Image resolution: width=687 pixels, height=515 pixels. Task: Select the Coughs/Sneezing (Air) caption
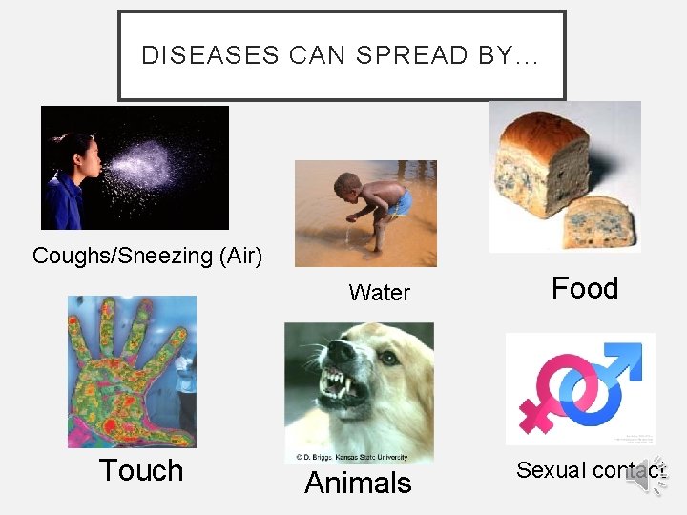147,256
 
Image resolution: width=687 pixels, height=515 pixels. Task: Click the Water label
379,293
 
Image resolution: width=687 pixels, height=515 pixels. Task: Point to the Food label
585,288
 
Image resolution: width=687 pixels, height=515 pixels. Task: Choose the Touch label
141,470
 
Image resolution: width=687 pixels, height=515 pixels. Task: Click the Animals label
358,483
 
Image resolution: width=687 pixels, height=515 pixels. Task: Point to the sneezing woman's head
78,153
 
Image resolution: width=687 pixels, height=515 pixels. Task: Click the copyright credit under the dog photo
359,457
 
